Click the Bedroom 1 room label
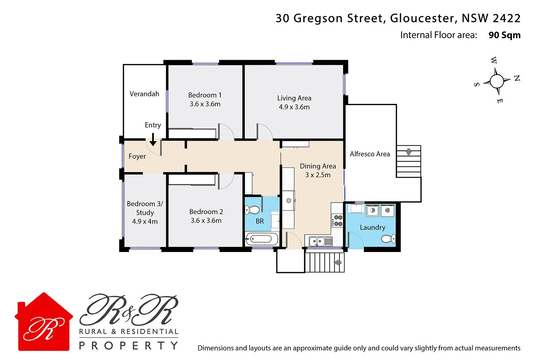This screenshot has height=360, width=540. [204, 95]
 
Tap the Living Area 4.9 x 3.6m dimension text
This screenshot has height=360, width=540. [294, 107]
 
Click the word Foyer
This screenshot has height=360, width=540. [137, 156]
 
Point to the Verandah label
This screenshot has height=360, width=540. [144, 94]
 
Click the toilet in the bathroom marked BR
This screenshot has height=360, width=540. [252, 210]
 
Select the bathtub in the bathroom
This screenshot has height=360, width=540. [261, 239]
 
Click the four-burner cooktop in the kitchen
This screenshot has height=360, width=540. [338, 220]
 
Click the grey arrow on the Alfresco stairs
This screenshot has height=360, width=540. [409, 152]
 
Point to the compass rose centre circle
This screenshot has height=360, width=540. [497, 81]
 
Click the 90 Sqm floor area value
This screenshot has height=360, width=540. [504, 35]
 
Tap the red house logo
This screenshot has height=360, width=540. [44, 322]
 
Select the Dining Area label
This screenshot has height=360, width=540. [318, 166]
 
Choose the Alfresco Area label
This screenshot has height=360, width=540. [370, 154]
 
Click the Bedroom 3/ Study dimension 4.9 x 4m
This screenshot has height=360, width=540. [145, 221]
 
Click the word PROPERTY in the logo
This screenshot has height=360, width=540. [129, 346]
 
